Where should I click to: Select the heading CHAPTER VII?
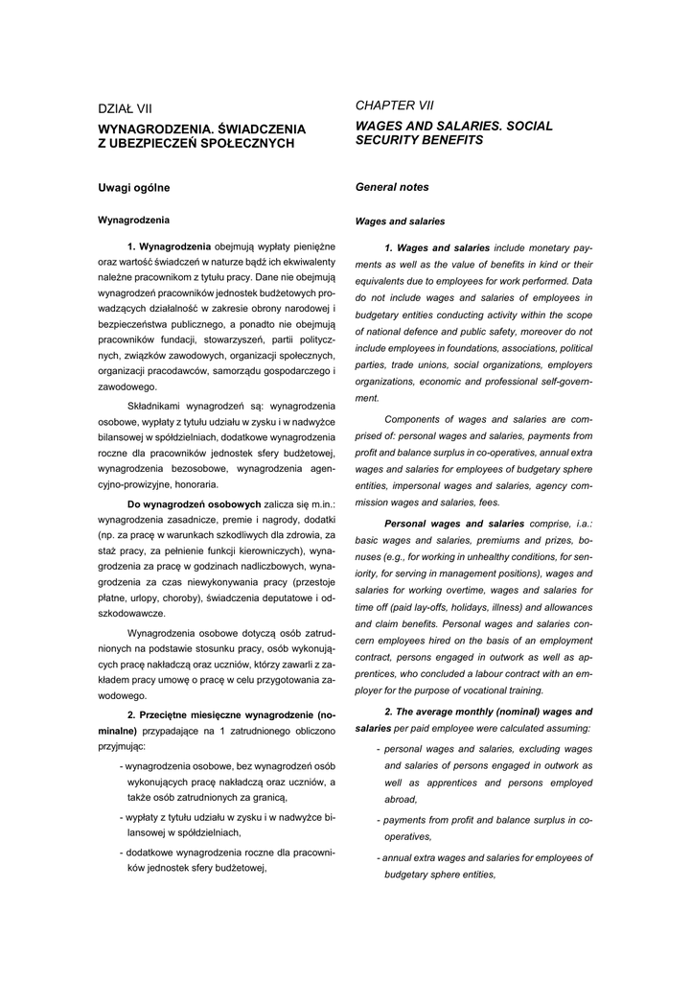(394, 105)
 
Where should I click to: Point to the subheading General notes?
(392, 187)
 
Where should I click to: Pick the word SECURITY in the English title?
(393, 139)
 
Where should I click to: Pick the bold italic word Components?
(423, 419)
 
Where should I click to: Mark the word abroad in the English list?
(401, 799)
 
